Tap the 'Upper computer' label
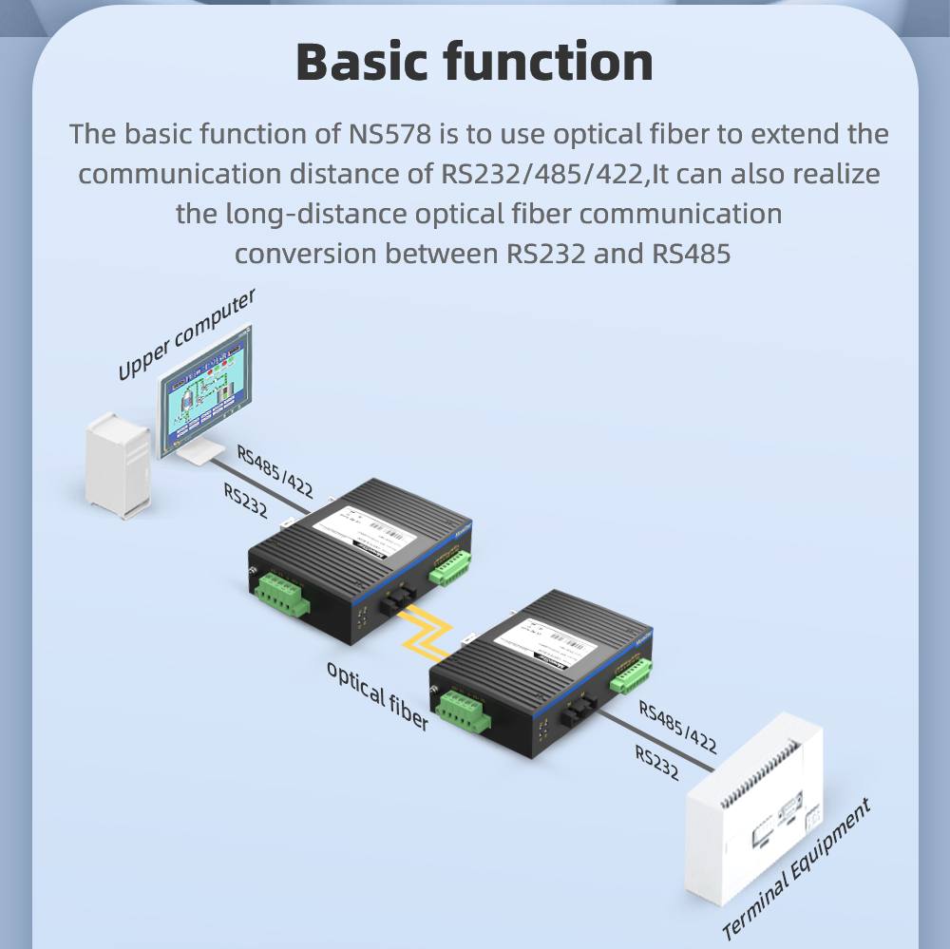click(x=186, y=333)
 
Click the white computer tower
click(x=119, y=465)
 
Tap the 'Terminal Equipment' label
click(x=796, y=869)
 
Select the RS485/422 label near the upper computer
click(x=275, y=470)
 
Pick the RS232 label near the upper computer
click(x=245, y=501)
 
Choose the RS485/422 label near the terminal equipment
click(x=677, y=726)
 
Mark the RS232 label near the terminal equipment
click(x=656, y=762)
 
